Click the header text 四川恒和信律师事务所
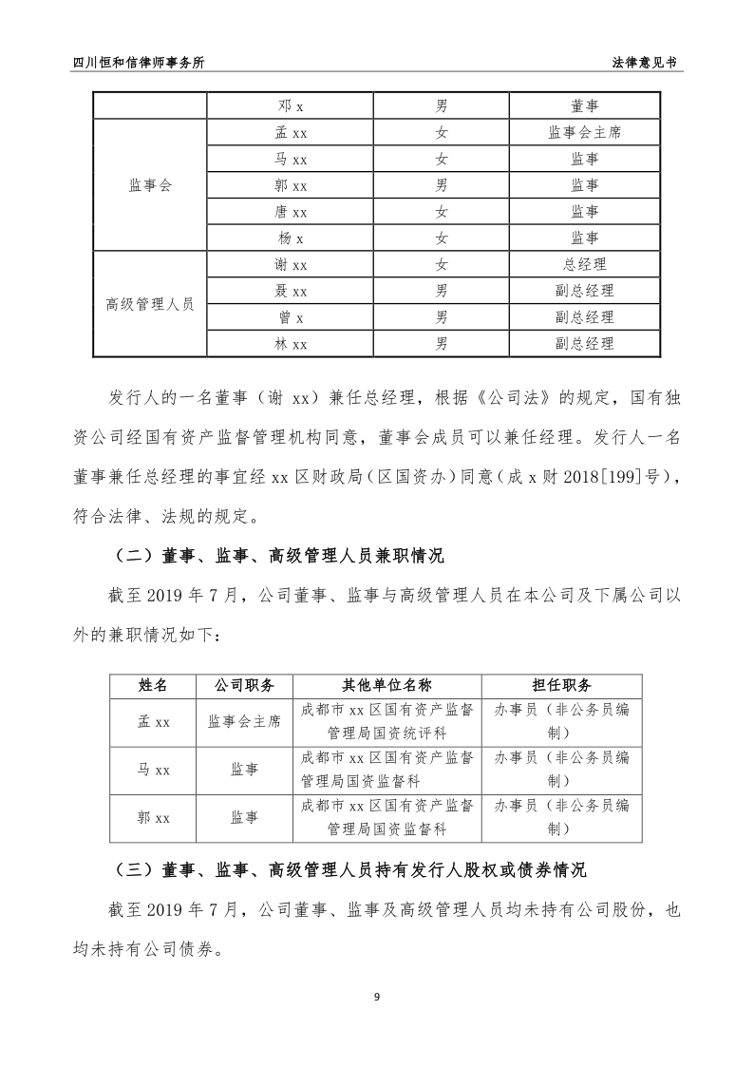139,62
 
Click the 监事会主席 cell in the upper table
585,133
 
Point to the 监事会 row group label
150,185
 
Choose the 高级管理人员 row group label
150,304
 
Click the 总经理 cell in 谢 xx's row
585,265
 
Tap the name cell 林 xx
290,344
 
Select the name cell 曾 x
290,317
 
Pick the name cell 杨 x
290,238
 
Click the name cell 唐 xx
290,212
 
